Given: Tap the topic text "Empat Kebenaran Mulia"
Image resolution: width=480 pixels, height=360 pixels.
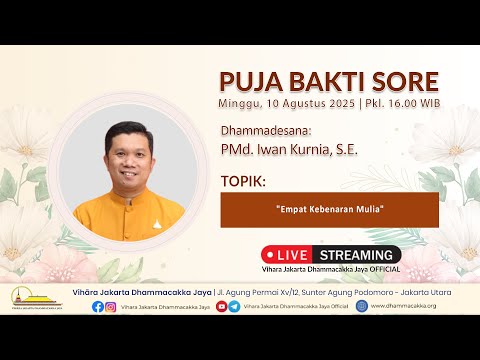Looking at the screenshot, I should [x=329, y=209].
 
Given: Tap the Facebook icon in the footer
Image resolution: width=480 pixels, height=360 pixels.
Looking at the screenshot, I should [x=97, y=306].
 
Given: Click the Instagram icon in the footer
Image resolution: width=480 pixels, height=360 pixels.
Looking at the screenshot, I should [x=111, y=306].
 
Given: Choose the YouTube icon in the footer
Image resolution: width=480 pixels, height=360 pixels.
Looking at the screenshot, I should [x=221, y=306].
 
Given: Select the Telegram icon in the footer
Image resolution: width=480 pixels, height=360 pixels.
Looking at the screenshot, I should [x=234, y=306].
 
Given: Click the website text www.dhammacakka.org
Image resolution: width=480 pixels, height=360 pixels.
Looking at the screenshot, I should [x=403, y=306].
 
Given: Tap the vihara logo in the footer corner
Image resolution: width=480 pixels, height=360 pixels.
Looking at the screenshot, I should [x=35, y=300].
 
